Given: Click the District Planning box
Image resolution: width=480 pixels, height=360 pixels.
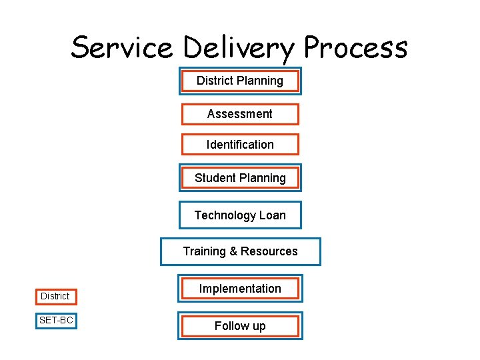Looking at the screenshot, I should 240,81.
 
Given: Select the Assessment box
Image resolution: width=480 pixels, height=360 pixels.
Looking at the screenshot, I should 240,114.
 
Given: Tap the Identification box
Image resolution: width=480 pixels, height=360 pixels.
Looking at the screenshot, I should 240,145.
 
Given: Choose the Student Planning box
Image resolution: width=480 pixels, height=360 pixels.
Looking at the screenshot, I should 240,178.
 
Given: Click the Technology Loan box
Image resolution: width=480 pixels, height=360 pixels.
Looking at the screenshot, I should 240,215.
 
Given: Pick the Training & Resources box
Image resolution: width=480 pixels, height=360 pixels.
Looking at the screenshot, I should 240,251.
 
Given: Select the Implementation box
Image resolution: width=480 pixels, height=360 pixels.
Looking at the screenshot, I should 240,289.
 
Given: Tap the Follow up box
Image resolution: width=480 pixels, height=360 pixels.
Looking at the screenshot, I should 240,326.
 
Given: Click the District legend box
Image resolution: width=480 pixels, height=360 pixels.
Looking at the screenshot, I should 55,296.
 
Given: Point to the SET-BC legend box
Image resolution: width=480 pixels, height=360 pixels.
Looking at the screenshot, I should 56,321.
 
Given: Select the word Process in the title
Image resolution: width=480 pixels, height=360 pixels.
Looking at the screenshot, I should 355,48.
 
